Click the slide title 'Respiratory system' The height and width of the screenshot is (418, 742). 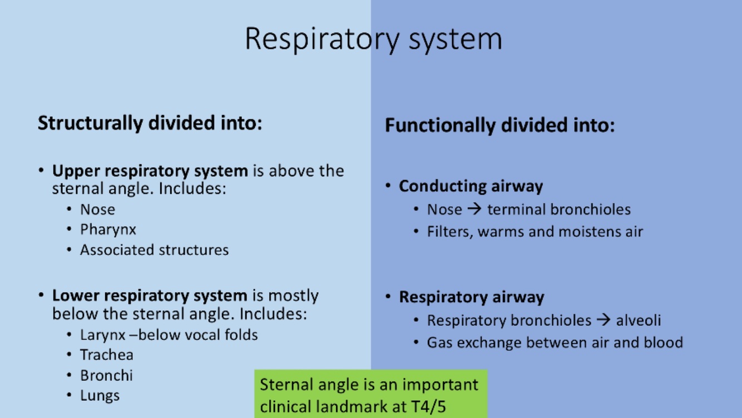pyautogui.click(x=373, y=38)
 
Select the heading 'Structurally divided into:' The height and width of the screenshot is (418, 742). pyautogui.click(x=150, y=123)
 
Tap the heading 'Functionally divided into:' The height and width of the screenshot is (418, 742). pyautogui.click(x=499, y=125)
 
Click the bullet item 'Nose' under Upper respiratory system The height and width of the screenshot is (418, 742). pyautogui.click(x=97, y=210)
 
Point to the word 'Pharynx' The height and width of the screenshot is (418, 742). pyautogui.click(x=108, y=230)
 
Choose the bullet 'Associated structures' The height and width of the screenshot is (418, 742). pyautogui.click(x=154, y=250)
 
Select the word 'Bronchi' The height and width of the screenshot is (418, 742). pyautogui.click(x=106, y=375)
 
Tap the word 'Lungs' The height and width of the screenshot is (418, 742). pyautogui.click(x=100, y=396)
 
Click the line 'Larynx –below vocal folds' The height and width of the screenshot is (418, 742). pyautogui.click(x=169, y=335)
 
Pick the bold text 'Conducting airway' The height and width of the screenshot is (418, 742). pyautogui.click(x=471, y=186)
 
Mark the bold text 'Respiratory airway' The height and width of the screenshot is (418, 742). pyautogui.click(x=471, y=297)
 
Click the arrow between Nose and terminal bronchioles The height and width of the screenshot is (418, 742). pyautogui.click(x=474, y=210)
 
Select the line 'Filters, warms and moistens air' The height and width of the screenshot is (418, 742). pyautogui.click(x=535, y=231)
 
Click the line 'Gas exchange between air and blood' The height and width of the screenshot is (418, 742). pyautogui.click(x=555, y=342)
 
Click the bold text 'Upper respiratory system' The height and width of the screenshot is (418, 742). pyautogui.click(x=150, y=171)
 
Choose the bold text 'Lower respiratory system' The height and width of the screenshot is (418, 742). pyautogui.click(x=149, y=295)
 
